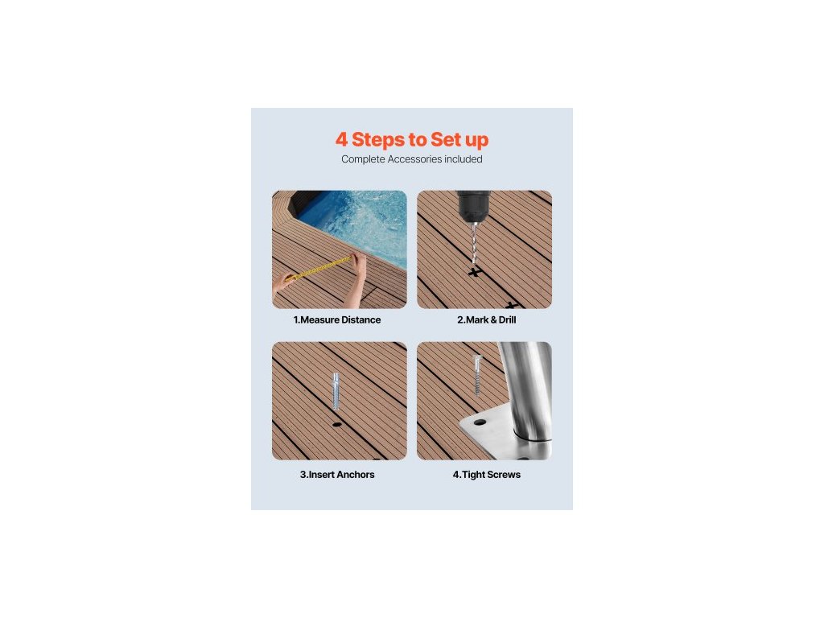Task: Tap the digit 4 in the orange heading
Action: (341, 140)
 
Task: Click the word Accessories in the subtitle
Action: (414, 159)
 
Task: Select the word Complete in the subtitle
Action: (363, 159)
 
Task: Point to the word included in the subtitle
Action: (463, 159)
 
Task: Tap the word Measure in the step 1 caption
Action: (319, 319)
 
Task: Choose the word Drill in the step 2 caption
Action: (507, 319)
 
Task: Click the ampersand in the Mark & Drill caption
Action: (493, 319)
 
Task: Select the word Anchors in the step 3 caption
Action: (356, 475)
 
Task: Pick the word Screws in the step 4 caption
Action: (504, 475)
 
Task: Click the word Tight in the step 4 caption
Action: (473, 475)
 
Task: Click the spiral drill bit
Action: (475, 243)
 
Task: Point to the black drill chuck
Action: (473, 207)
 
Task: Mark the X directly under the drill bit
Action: (475, 272)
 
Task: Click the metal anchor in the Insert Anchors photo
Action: (336, 391)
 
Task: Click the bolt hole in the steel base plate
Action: (480, 422)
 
